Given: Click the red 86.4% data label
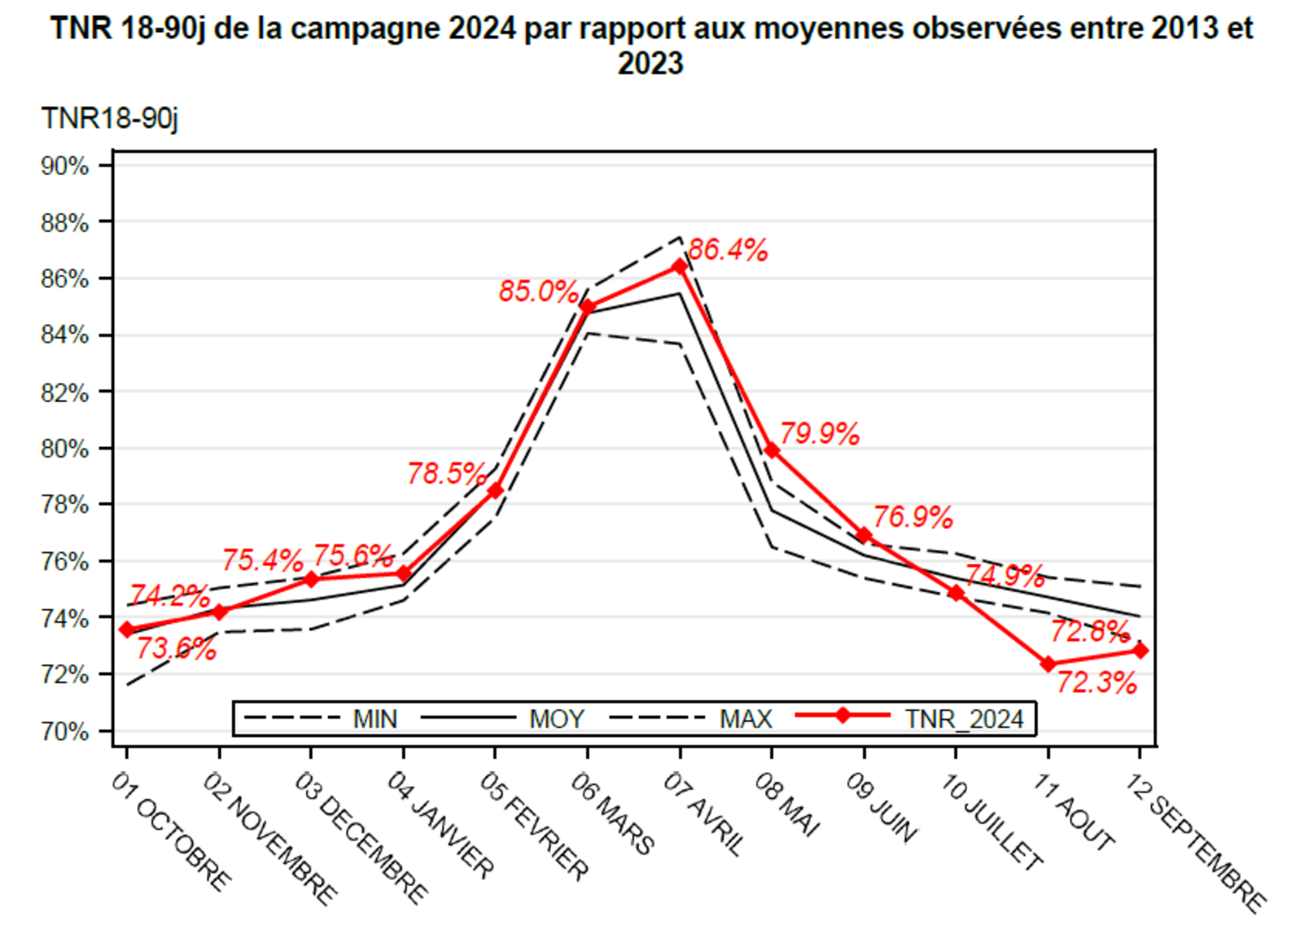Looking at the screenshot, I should pos(728,250).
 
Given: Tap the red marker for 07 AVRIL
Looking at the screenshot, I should pos(680,267).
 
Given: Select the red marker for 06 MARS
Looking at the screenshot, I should pos(588,306).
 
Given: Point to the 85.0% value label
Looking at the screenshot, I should pos(538,292).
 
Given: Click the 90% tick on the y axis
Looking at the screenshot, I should pos(66,166).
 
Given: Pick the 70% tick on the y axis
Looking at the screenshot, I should pos(66,732).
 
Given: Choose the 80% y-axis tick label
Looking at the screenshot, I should pos(66,449).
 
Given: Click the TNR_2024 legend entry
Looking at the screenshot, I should pos(964,719).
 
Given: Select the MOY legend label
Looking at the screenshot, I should pos(557,719).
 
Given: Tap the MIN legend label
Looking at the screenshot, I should pos(375,719).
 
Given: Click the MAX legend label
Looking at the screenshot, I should pos(746,719).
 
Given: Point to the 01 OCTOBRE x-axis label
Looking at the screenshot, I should pos(172,830).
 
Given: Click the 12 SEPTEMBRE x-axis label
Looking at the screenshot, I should pos(1197,841).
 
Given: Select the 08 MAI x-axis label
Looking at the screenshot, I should pos(787,803).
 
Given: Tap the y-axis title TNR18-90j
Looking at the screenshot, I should pos(110,117).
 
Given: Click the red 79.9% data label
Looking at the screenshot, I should pos(819,434).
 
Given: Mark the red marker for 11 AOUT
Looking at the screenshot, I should pos(1048,664).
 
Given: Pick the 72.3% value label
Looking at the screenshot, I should pos(1097,683).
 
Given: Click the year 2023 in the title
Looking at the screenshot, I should pos(650,63).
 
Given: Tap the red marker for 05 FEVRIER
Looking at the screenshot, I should pos(496,490).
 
